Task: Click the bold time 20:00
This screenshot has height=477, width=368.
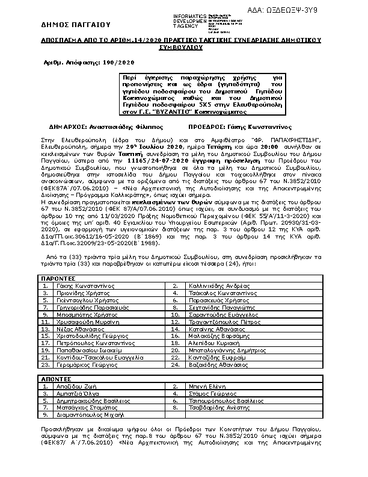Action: pos(269,146)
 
